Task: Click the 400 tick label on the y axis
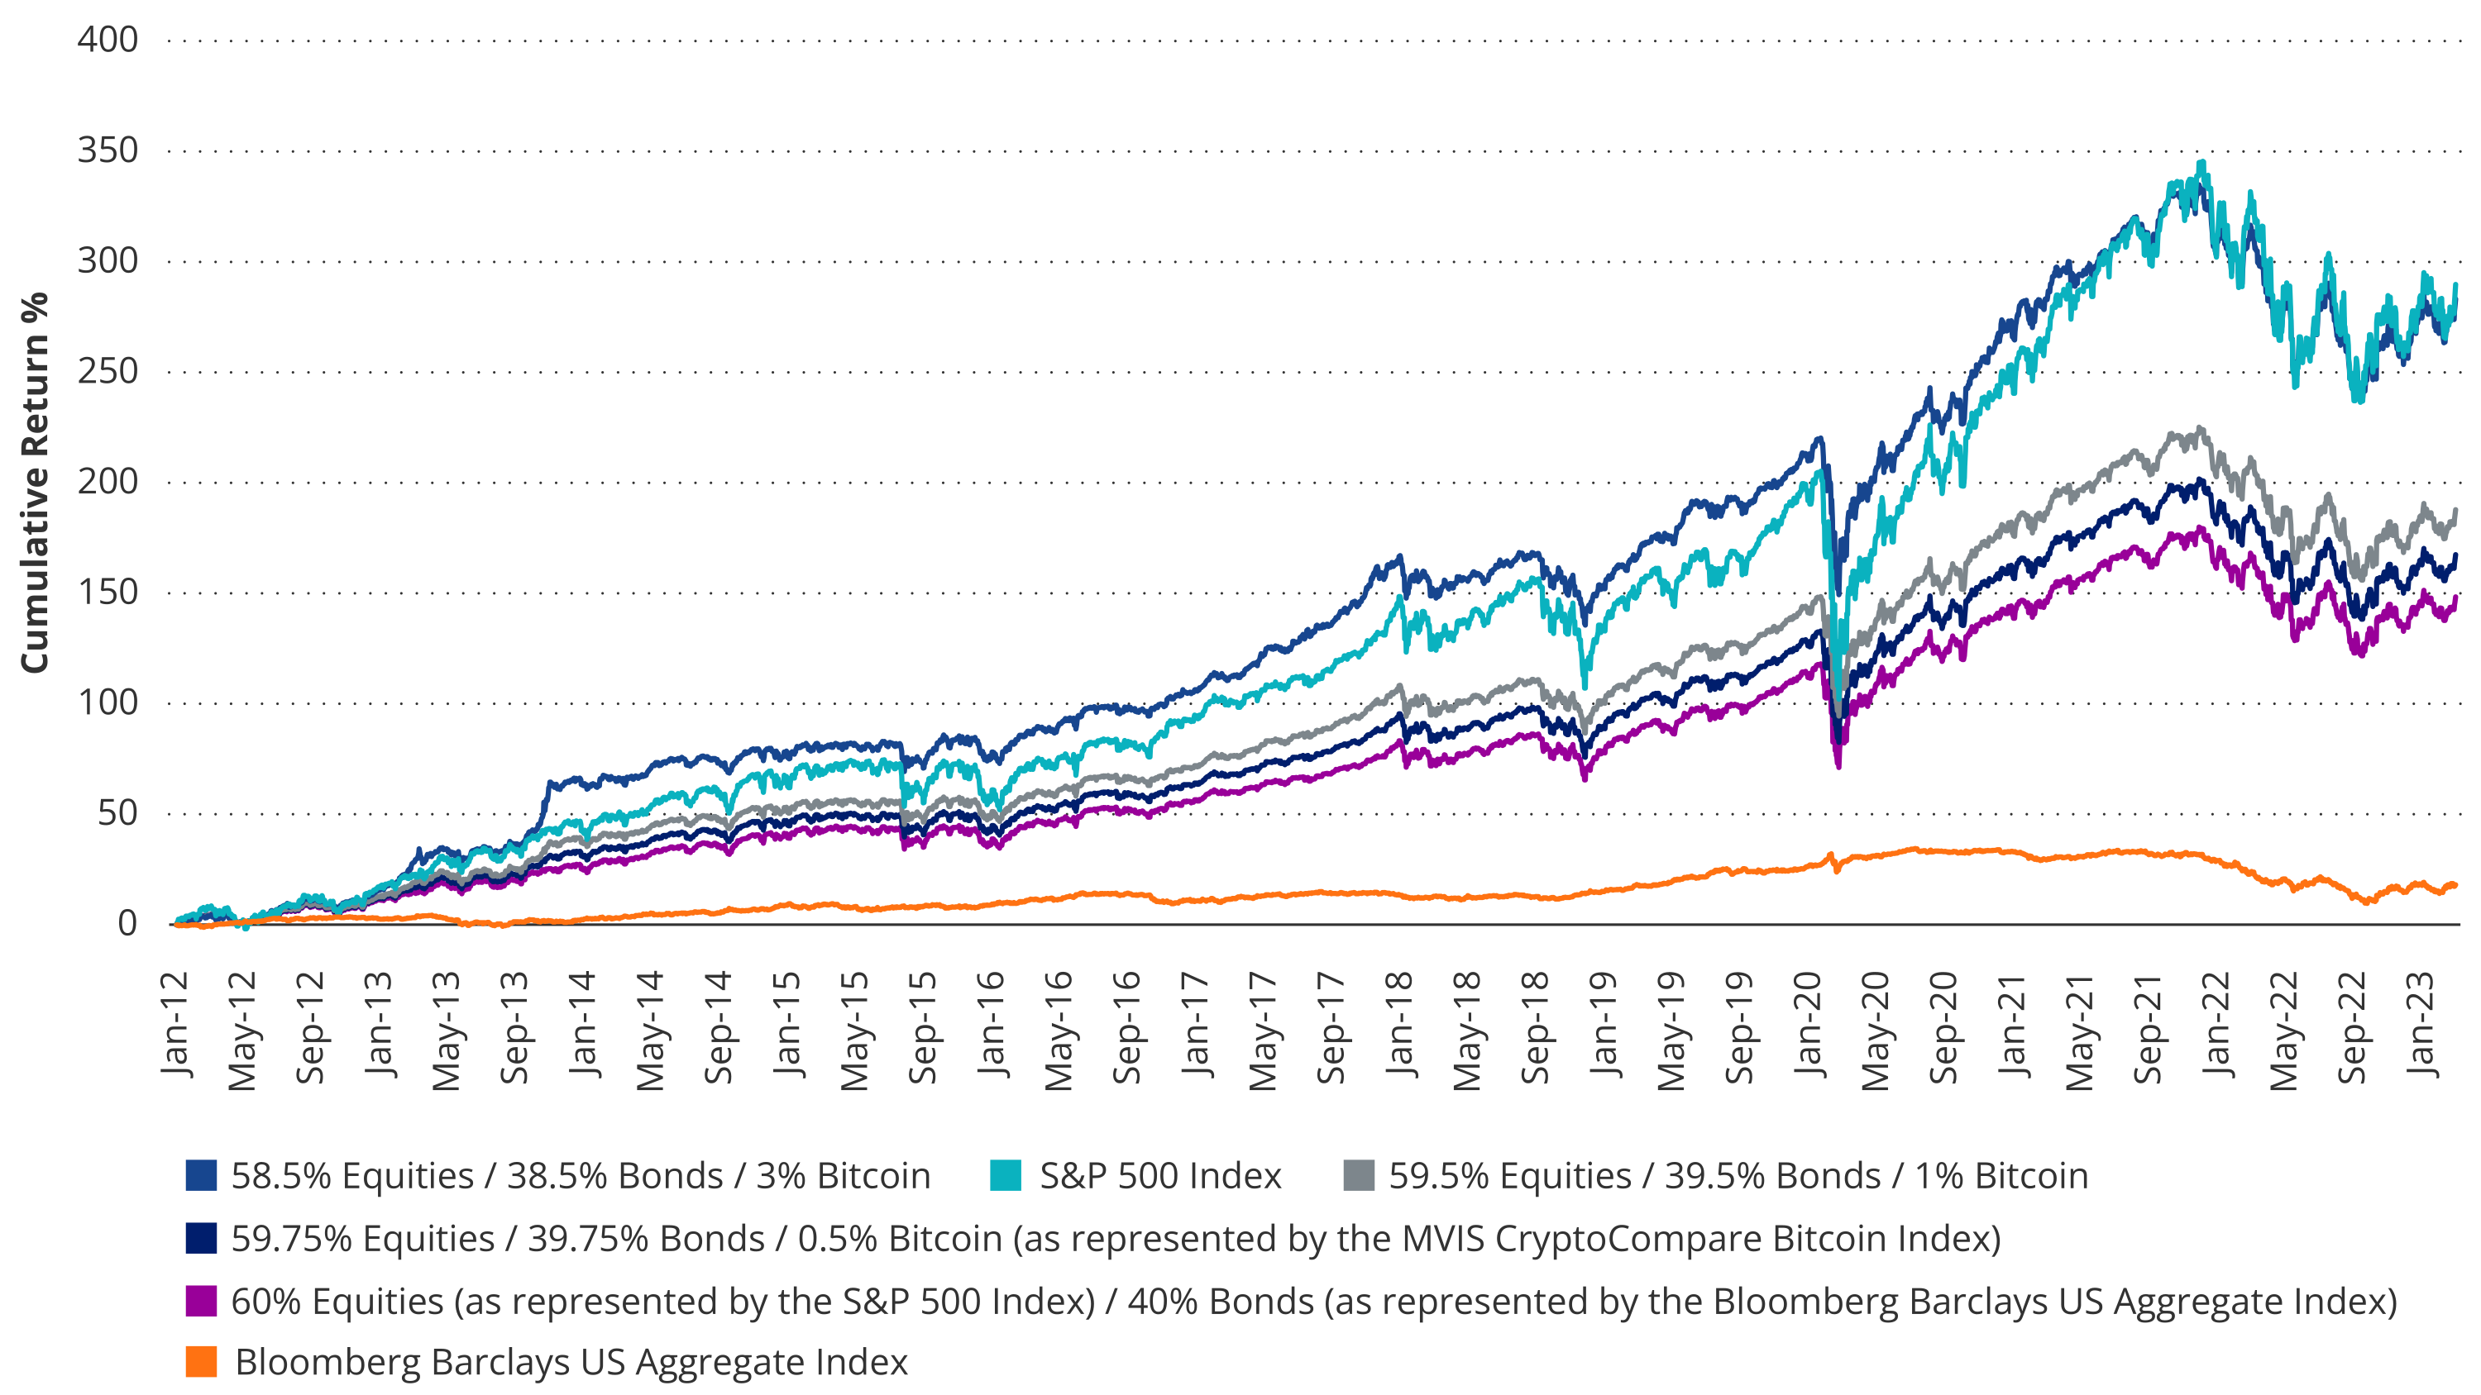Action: pyautogui.click(x=107, y=40)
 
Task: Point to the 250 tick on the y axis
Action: pyautogui.click(x=107, y=372)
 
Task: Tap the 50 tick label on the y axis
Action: pyautogui.click(x=117, y=813)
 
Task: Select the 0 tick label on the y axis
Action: pyautogui.click(x=127, y=924)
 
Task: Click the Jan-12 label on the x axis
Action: pyautogui.click(x=175, y=1026)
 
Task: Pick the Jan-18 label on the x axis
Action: pyautogui.click(x=1399, y=1026)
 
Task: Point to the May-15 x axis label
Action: pyautogui.click(x=854, y=1030)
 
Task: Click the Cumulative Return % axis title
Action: pyautogui.click(x=35, y=481)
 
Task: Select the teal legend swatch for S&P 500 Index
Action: pyautogui.click(x=1006, y=1178)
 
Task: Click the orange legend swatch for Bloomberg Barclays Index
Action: pyautogui.click(x=201, y=1362)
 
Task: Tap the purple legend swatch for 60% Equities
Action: pyautogui.click(x=201, y=1301)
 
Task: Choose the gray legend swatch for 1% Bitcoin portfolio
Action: pyautogui.click(x=1358, y=1178)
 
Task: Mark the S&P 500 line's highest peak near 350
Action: pyautogui.click(x=2201, y=164)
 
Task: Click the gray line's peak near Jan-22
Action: pyautogui.click(x=2200, y=427)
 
